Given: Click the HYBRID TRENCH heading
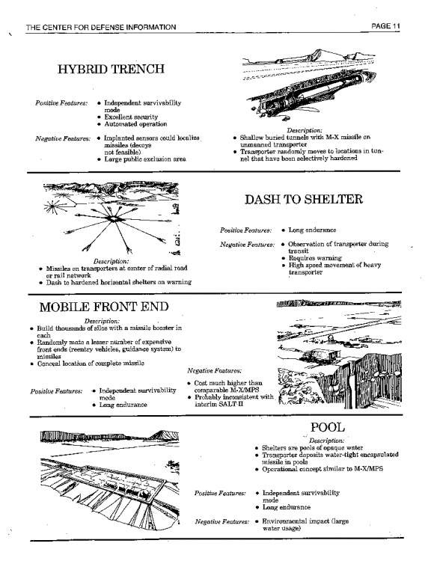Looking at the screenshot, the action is (x=111, y=69).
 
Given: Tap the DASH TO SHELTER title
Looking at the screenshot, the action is (x=303, y=199).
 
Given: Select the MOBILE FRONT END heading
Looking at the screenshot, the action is (x=104, y=307).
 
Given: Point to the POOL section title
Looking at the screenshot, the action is (x=328, y=427).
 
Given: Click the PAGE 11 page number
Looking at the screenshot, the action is (x=385, y=26).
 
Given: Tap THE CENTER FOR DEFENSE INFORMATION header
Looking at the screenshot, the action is (x=101, y=27).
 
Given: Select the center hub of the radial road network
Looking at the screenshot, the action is (x=113, y=218).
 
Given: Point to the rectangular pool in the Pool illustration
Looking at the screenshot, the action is (x=118, y=480).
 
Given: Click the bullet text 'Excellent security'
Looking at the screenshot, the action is (x=131, y=117).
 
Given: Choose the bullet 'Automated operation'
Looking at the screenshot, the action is (x=135, y=124).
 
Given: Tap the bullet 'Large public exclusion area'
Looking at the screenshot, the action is (x=145, y=159).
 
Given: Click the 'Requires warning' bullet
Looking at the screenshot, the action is (x=315, y=258).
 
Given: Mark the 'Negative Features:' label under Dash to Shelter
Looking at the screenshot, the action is (x=247, y=245).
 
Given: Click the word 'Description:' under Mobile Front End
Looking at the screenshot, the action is (x=102, y=322).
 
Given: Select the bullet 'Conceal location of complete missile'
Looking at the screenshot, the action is (x=91, y=364).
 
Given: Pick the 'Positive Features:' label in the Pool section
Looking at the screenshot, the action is (x=220, y=494).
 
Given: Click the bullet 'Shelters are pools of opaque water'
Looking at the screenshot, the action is (x=312, y=448).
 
